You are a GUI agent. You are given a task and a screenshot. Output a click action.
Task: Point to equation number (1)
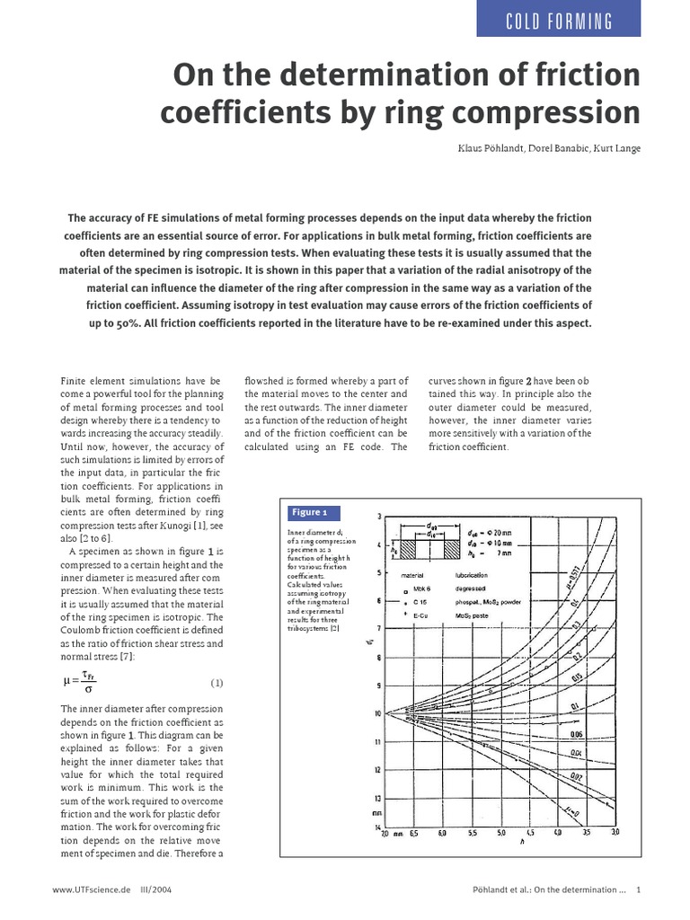[216, 682]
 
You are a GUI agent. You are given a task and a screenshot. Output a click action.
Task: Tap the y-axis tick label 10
[376, 713]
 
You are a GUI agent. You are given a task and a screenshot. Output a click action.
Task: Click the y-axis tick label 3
[379, 516]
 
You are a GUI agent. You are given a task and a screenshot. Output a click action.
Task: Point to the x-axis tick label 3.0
[615, 834]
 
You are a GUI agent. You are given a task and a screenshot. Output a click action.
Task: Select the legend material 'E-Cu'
[421, 616]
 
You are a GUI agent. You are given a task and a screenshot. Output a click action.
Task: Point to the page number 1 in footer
[637, 890]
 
